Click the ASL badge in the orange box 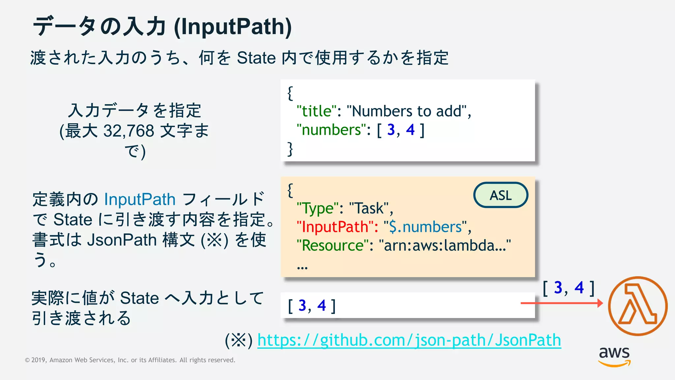(501, 195)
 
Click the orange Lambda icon (637, 306)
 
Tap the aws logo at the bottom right (614, 356)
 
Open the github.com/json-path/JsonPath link (409, 340)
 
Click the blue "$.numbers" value (425, 227)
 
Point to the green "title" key (316, 111)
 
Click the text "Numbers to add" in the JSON (407, 111)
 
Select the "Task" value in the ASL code (369, 208)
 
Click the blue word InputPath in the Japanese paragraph (140, 199)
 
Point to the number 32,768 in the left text (129, 131)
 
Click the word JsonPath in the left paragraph (122, 240)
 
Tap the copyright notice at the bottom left (130, 360)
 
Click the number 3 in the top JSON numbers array (391, 130)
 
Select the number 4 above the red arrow (579, 288)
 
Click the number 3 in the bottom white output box (302, 305)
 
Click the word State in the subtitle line (256, 58)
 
